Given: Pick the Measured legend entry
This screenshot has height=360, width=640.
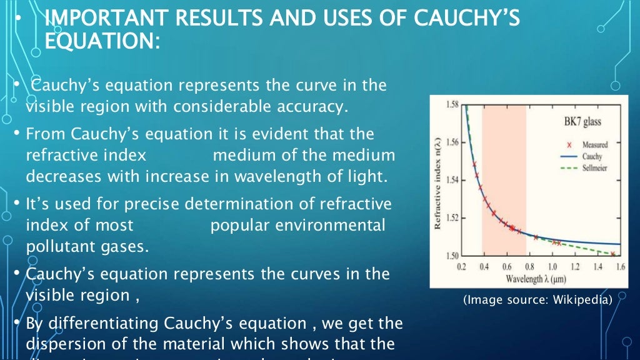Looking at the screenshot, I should (x=595, y=145).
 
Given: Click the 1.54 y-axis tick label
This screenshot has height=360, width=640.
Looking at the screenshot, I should (x=452, y=180).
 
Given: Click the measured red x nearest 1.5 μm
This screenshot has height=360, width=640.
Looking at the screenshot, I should (x=613, y=254).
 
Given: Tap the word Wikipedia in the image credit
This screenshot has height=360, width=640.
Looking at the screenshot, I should (x=584, y=301).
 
